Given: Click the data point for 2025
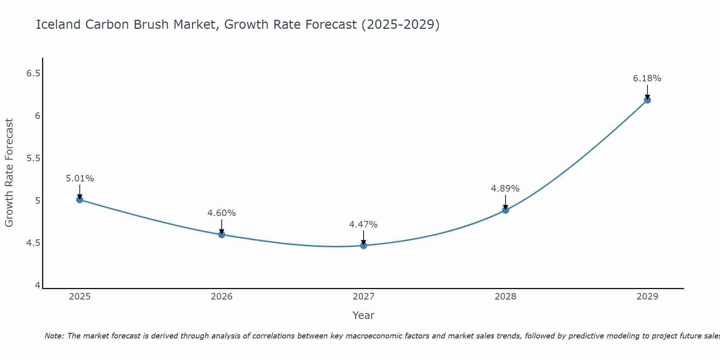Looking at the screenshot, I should pyautogui.click(x=80, y=199).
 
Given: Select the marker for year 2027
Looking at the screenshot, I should pyautogui.click(x=364, y=246).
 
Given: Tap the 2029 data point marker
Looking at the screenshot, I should pyautogui.click(x=647, y=100).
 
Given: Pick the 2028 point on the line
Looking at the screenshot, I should pyautogui.click(x=505, y=210).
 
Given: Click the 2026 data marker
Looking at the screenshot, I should pyautogui.click(x=222, y=234).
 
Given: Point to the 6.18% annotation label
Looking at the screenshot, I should pyautogui.click(x=647, y=78).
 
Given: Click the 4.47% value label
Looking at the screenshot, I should pyautogui.click(x=364, y=225).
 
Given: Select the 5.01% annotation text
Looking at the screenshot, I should pyautogui.click(x=80, y=179).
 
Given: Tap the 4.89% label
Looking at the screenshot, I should pyautogui.click(x=505, y=189).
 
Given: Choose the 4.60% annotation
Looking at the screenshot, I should pyautogui.click(x=222, y=213).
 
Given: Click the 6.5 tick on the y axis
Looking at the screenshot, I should pyautogui.click(x=33, y=73).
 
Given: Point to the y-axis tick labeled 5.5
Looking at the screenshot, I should pyautogui.click(x=33, y=158).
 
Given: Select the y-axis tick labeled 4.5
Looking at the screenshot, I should pyautogui.click(x=33, y=243).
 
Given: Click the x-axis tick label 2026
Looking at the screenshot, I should pyautogui.click(x=222, y=297).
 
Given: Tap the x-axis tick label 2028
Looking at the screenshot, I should pyautogui.click(x=505, y=297).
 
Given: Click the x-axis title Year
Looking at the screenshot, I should pyautogui.click(x=364, y=315).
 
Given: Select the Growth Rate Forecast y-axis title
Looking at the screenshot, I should pyautogui.click(x=9, y=173).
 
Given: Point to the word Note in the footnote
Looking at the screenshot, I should pyautogui.click(x=54, y=336).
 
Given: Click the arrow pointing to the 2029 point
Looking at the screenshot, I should pyautogui.click(x=647, y=92).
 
